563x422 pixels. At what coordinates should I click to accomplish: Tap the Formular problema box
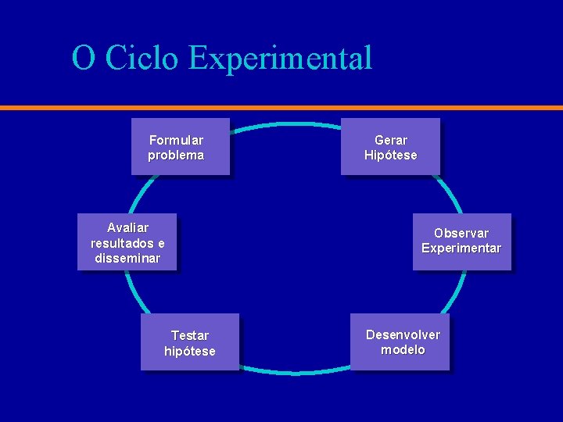click(x=180, y=146)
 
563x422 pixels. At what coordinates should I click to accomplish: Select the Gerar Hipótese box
click(x=390, y=146)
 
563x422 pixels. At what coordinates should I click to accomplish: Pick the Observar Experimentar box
click(x=461, y=241)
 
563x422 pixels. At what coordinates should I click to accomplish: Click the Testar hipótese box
click(x=189, y=342)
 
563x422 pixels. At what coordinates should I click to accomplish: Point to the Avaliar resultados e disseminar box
click(x=127, y=241)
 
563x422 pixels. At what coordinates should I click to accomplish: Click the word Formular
click(x=176, y=141)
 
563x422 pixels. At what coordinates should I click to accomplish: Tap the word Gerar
click(x=391, y=141)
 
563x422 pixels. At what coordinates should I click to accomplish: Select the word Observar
click(x=461, y=234)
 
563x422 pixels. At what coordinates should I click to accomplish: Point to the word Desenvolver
click(x=403, y=334)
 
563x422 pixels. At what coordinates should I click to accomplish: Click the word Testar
click(x=190, y=336)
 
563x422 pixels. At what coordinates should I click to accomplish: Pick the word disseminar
click(x=127, y=258)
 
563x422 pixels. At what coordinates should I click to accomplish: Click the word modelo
click(x=403, y=350)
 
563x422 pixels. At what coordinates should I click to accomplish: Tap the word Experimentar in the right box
click(x=461, y=249)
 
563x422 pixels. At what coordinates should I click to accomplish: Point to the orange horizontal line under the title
click(x=281, y=107)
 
